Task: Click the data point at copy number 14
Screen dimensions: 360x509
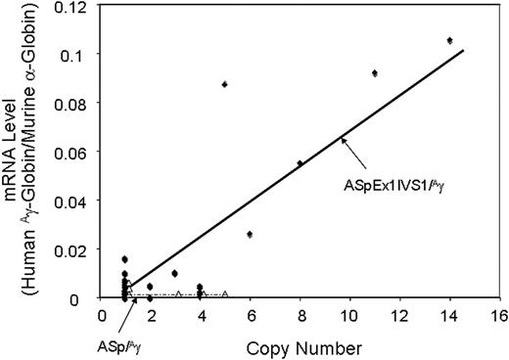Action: [x=449, y=41]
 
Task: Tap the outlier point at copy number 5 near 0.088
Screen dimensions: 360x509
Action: [x=225, y=85]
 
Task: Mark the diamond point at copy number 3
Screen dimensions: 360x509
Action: [x=175, y=273]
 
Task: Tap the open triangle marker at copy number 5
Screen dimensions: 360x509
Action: [x=225, y=293]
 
